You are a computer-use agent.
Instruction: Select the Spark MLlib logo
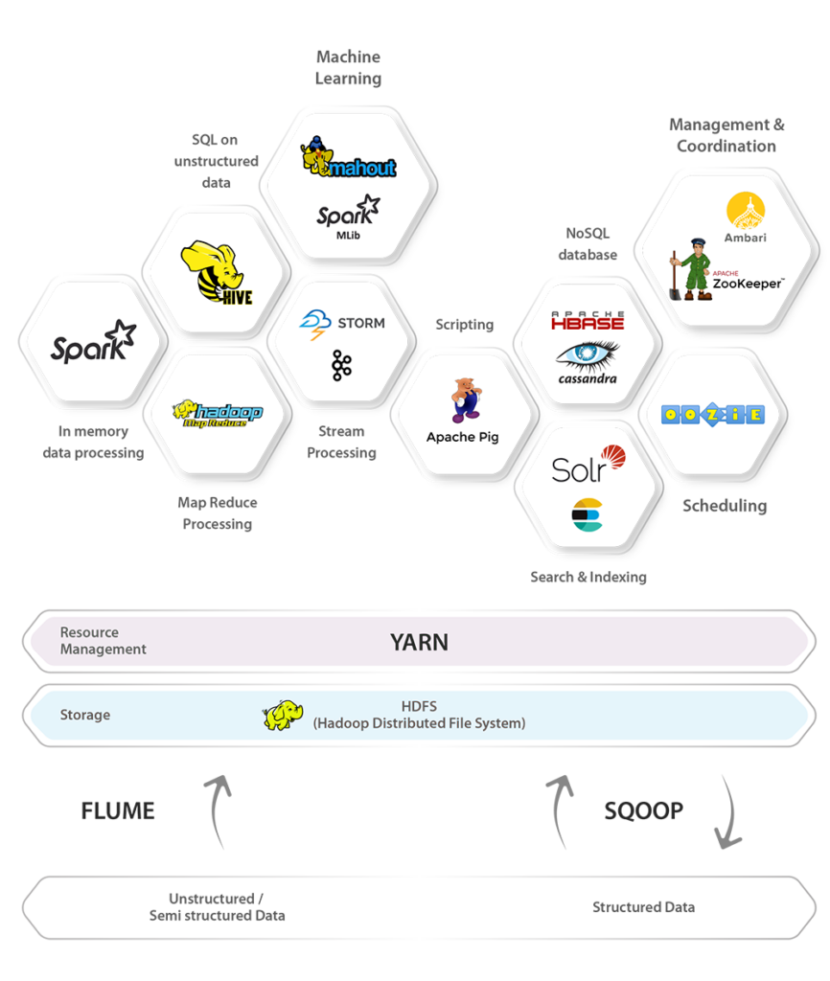pos(348,214)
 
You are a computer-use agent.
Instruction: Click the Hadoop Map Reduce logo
pos(217,413)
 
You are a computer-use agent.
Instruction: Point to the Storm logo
pos(342,323)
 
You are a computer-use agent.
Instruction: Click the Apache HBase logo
pos(588,321)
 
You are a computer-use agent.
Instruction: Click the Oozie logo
pos(712,415)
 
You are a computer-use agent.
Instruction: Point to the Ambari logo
pos(746,217)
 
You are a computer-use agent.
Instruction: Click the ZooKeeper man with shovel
pos(696,270)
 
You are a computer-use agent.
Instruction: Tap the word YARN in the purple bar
pos(419,642)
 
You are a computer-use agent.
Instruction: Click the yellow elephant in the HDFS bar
pos(284,716)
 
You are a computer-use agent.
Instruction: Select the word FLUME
pos(118,811)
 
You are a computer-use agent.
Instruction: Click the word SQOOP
pos(643,811)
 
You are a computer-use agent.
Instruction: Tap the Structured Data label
pos(643,907)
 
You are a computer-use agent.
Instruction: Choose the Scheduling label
pos(725,506)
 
